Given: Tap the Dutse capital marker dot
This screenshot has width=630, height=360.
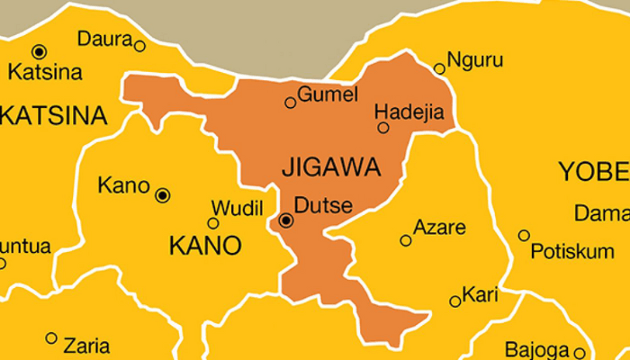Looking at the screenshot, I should click(x=286, y=220).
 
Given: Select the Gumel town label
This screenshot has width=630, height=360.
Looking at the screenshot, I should click(x=328, y=94).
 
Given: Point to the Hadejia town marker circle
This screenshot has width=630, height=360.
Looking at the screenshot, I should click(x=383, y=128).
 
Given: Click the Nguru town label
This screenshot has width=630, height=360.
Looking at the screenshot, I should click(x=473, y=62).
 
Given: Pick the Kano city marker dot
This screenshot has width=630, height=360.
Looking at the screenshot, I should click(x=162, y=194).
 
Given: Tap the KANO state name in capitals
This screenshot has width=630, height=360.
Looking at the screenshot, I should click(x=205, y=245).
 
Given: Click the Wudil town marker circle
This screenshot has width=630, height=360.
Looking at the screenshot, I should click(x=213, y=223).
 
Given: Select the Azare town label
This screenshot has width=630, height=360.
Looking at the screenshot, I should click(x=439, y=229).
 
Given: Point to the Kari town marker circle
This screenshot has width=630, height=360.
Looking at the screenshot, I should click(x=455, y=301).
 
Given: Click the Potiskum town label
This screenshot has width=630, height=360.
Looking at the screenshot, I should click(x=571, y=252).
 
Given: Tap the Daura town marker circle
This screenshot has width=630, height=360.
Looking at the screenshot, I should click(x=139, y=45).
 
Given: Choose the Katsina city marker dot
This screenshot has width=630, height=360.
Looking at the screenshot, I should click(x=39, y=51).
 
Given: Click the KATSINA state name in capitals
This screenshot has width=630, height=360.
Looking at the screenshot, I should click(x=52, y=116).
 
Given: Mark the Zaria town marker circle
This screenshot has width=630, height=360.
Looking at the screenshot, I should click(x=51, y=338).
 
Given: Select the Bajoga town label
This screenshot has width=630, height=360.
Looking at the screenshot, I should click(x=536, y=347).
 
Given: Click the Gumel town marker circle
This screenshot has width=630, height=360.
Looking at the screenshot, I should click(x=290, y=103).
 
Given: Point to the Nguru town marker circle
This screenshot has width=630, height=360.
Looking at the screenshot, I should click(x=439, y=68).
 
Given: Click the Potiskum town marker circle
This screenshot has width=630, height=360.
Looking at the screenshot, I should click(x=524, y=236).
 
